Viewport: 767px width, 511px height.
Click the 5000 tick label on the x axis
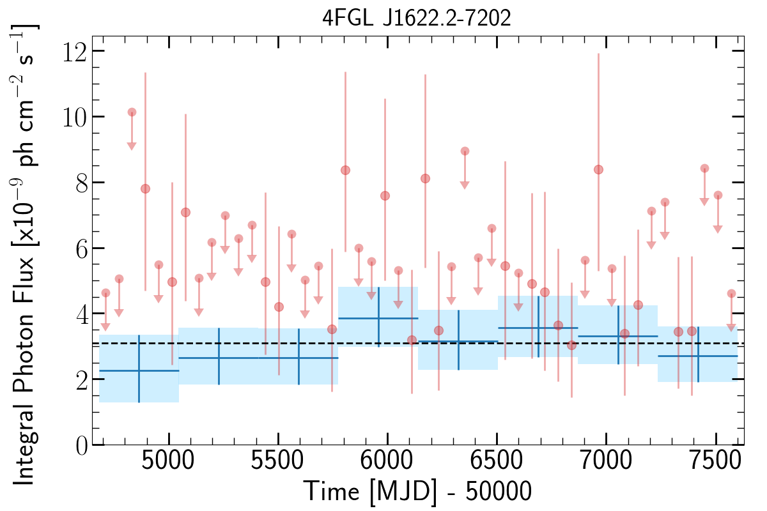coord(169,465)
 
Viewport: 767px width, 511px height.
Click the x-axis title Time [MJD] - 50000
coord(417,492)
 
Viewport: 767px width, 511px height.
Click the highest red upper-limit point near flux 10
coord(132,112)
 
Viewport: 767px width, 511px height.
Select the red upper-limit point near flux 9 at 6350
coord(465,151)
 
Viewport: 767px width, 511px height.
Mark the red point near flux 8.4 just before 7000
coord(598,169)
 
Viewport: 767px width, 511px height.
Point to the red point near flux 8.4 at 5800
coord(345,170)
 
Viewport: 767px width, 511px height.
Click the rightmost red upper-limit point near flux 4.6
coord(731,293)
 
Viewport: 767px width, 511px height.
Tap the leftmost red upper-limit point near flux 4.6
coord(105,293)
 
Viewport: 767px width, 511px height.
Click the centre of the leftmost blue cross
coord(139,370)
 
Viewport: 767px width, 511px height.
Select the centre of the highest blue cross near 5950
coord(378,318)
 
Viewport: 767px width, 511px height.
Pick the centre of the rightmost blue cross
coord(698,356)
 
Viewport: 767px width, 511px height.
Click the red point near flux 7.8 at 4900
coord(145,188)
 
